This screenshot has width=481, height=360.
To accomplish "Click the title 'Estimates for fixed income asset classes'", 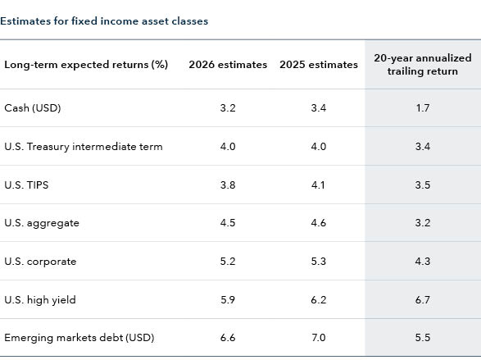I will (104, 21).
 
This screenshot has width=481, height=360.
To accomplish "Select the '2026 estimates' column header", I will (228, 65).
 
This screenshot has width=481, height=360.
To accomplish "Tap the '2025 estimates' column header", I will (318, 65).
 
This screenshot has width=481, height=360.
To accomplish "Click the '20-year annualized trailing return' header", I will (422, 65).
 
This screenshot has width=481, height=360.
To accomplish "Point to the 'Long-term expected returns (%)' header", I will (86, 65).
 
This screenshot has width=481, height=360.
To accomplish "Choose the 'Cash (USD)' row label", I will (33, 107).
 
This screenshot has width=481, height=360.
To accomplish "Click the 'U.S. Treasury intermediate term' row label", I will (84, 146).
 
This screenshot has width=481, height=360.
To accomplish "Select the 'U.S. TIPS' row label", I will (26, 185).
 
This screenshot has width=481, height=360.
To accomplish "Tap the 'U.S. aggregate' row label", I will (42, 223).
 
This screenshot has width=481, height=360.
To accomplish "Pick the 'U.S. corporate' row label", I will (40, 262).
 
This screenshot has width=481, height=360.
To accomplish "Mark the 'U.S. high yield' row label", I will (40, 300).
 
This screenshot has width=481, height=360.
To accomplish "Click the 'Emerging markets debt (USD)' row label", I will (79, 338).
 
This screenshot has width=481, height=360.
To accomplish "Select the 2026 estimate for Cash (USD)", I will (228, 107).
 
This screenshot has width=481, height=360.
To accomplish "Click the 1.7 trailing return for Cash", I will (422, 107).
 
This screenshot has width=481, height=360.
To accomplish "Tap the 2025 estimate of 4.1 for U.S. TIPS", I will (318, 185).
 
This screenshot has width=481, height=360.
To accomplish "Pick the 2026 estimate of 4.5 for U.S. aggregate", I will (228, 223).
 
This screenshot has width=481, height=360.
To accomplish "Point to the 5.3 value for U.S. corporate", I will (318, 262).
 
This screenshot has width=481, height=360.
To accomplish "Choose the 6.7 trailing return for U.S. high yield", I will (422, 300).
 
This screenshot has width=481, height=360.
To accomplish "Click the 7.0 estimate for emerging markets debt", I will (318, 338).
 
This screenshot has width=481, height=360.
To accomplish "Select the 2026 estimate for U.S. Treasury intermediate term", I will (228, 146).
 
